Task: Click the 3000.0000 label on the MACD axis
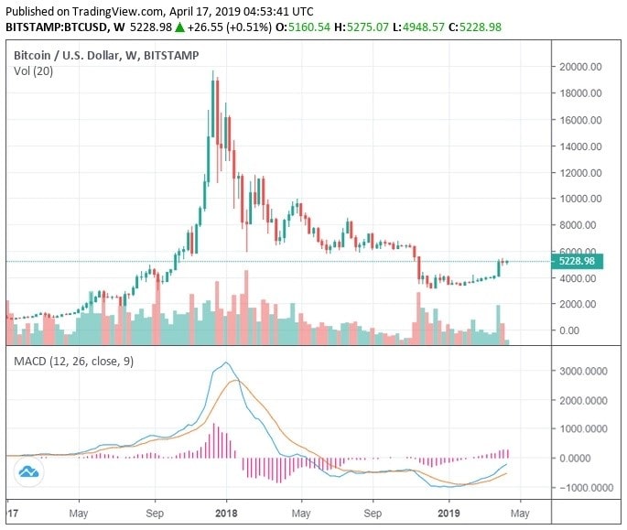point(584,371)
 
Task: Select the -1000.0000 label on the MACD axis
point(582,487)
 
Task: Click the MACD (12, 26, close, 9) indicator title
point(73,362)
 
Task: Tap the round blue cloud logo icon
point(28,471)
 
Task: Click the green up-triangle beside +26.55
point(181,27)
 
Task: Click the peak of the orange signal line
point(236,380)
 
